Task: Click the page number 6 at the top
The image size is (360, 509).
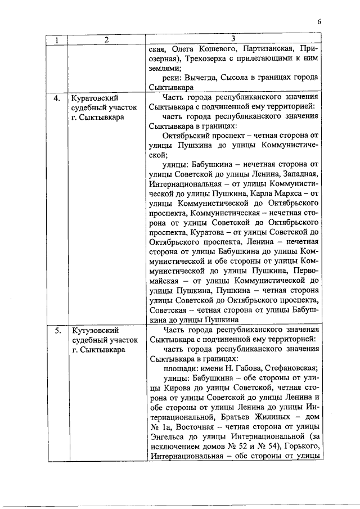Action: tap(319, 22)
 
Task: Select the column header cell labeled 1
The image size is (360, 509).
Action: tap(57, 40)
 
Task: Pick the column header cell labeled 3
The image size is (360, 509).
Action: tap(233, 39)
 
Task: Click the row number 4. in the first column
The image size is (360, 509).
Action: tap(57, 98)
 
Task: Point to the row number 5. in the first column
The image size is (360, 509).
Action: tap(57, 330)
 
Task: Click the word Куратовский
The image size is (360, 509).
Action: tap(96, 98)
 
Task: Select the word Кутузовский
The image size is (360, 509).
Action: tap(95, 330)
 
